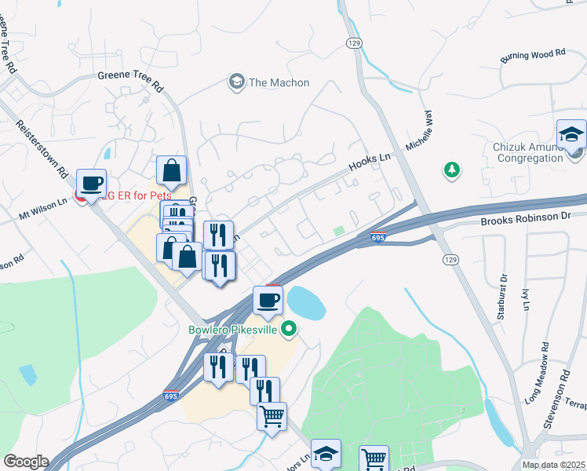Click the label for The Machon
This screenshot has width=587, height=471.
[x=279, y=82]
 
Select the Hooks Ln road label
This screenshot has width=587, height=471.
[x=370, y=161]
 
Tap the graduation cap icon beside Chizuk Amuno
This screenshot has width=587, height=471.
[x=571, y=135]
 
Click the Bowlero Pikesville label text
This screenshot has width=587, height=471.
[x=234, y=330]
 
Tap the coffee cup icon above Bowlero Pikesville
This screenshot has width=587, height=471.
[x=268, y=300]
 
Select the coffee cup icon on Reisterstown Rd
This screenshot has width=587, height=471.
[x=91, y=183]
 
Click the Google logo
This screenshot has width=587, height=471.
[x=26, y=462]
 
